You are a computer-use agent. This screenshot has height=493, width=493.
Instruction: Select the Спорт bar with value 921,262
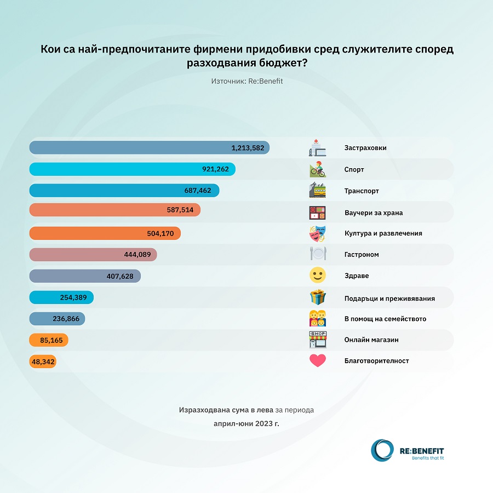point(132,169)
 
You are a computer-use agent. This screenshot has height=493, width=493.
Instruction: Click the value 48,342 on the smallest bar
point(42,362)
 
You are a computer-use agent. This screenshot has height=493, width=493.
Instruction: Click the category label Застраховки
point(366,148)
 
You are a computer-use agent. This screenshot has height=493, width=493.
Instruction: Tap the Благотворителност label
point(376,361)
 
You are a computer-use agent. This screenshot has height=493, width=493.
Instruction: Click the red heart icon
point(318,360)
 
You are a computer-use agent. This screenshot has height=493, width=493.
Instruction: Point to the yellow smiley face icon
point(318,276)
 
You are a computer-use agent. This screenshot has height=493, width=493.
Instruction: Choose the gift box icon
point(318,297)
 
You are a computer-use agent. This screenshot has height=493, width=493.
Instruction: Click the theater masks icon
point(318,233)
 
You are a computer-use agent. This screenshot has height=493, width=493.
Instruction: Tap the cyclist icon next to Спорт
point(318,169)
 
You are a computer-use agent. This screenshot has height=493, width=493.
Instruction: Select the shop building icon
point(318,340)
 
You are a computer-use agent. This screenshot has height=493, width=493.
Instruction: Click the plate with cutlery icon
point(318,254)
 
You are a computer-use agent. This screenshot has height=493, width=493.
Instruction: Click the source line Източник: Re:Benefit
point(246,81)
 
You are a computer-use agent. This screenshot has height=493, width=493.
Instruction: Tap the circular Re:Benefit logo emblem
point(382,450)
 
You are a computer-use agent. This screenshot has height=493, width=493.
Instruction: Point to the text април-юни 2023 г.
point(246,423)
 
